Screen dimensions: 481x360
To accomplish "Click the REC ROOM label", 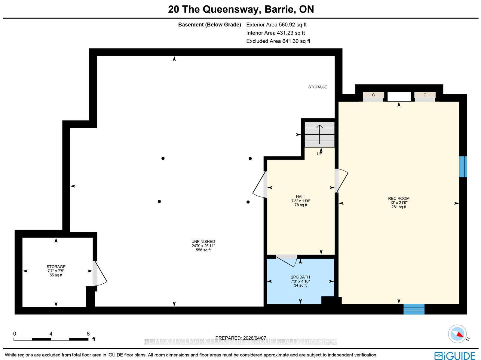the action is (x=399, y=198).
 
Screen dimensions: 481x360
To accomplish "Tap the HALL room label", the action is (x=301, y=197).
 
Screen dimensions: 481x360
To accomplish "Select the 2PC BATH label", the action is (x=300, y=277).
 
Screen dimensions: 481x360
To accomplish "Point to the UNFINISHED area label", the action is (x=203, y=242).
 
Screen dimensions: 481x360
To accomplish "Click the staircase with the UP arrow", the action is (x=320, y=134).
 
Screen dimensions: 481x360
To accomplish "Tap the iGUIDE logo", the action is (x=455, y=355).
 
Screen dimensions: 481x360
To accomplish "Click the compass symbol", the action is (x=457, y=334).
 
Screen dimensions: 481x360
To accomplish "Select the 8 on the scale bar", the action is (x=88, y=334).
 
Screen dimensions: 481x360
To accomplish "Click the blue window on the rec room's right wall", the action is (x=463, y=167).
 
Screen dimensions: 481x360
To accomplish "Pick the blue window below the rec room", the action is (x=414, y=309).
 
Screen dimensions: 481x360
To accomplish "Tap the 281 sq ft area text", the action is (x=399, y=207).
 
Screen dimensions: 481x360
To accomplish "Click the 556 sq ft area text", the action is (x=203, y=250).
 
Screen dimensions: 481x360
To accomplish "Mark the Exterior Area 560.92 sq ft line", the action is (x=276, y=25).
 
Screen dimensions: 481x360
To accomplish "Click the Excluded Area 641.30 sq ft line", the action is (x=278, y=41).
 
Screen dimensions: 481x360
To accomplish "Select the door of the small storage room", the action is (x=100, y=273).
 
